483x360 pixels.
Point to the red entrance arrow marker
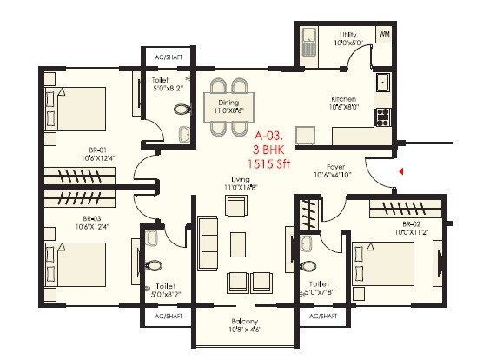click(x=400, y=172)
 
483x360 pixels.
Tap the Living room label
click(x=235, y=183)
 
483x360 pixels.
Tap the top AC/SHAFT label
click(x=166, y=57)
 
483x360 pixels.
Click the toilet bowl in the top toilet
click(x=181, y=110)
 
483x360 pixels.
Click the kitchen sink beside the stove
click(x=382, y=83)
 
